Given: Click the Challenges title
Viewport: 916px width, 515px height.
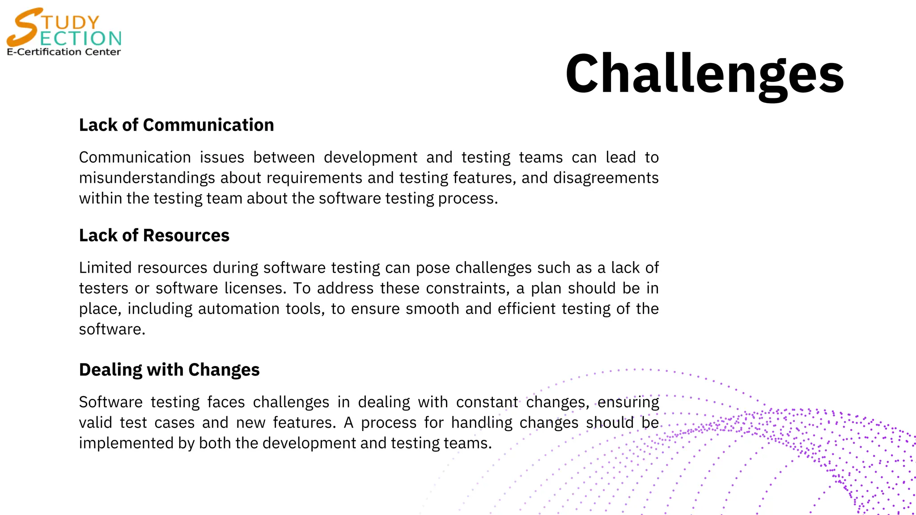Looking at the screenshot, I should pyautogui.click(x=704, y=74).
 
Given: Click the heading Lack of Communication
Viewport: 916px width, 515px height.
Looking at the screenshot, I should pyautogui.click(x=176, y=125).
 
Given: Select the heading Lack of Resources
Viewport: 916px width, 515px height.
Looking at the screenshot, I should pyautogui.click(x=154, y=236).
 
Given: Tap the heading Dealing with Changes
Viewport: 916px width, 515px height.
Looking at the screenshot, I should pyautogui.click(x=169, y=370).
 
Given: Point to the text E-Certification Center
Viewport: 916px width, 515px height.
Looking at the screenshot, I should pyautogui.click(x=64, y=52).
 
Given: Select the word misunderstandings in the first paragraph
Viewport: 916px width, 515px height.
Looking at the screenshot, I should pyautogui.click(x=147, y=178).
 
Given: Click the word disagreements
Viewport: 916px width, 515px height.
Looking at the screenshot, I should pyautogui.click(x=606, y=178).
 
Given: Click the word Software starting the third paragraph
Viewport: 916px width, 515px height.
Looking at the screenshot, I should pyautogui.click(x=110, y=402).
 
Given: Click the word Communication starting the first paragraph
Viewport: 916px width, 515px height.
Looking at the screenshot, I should pyautogui.click(x=135, y=157).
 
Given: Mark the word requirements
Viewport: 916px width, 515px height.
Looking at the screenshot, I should pyautogui.click(x=314, y=178).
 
